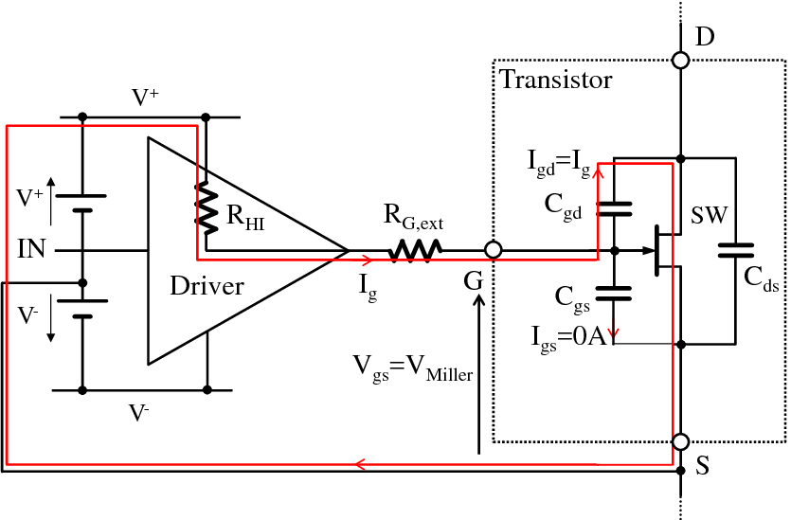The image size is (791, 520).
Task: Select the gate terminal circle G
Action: click(492, 251)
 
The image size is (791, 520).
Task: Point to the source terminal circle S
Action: click(680, 442)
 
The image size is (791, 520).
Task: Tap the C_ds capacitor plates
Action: click(734, 251)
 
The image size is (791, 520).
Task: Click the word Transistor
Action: click(556, 80)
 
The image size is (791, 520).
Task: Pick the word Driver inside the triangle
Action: click(207, 286)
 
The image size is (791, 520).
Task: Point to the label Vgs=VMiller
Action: click(412, 368)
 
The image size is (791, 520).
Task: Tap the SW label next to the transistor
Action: click(709, 216)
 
